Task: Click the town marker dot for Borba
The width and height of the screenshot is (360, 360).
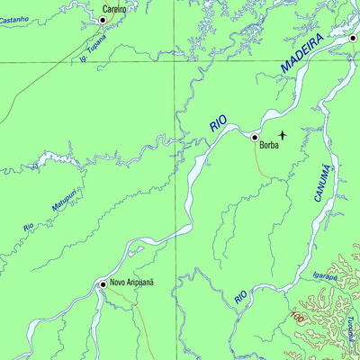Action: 255,138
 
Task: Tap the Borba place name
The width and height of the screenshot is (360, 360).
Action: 268,143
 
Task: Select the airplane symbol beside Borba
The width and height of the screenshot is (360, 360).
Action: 283,135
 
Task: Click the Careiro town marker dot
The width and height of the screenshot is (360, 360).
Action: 102,19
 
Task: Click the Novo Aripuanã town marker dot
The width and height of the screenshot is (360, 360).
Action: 103,283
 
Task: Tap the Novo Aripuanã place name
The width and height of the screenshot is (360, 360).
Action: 133,283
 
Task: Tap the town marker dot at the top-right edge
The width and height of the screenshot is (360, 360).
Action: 354,38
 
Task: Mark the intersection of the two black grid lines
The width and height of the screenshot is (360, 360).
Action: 176,61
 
